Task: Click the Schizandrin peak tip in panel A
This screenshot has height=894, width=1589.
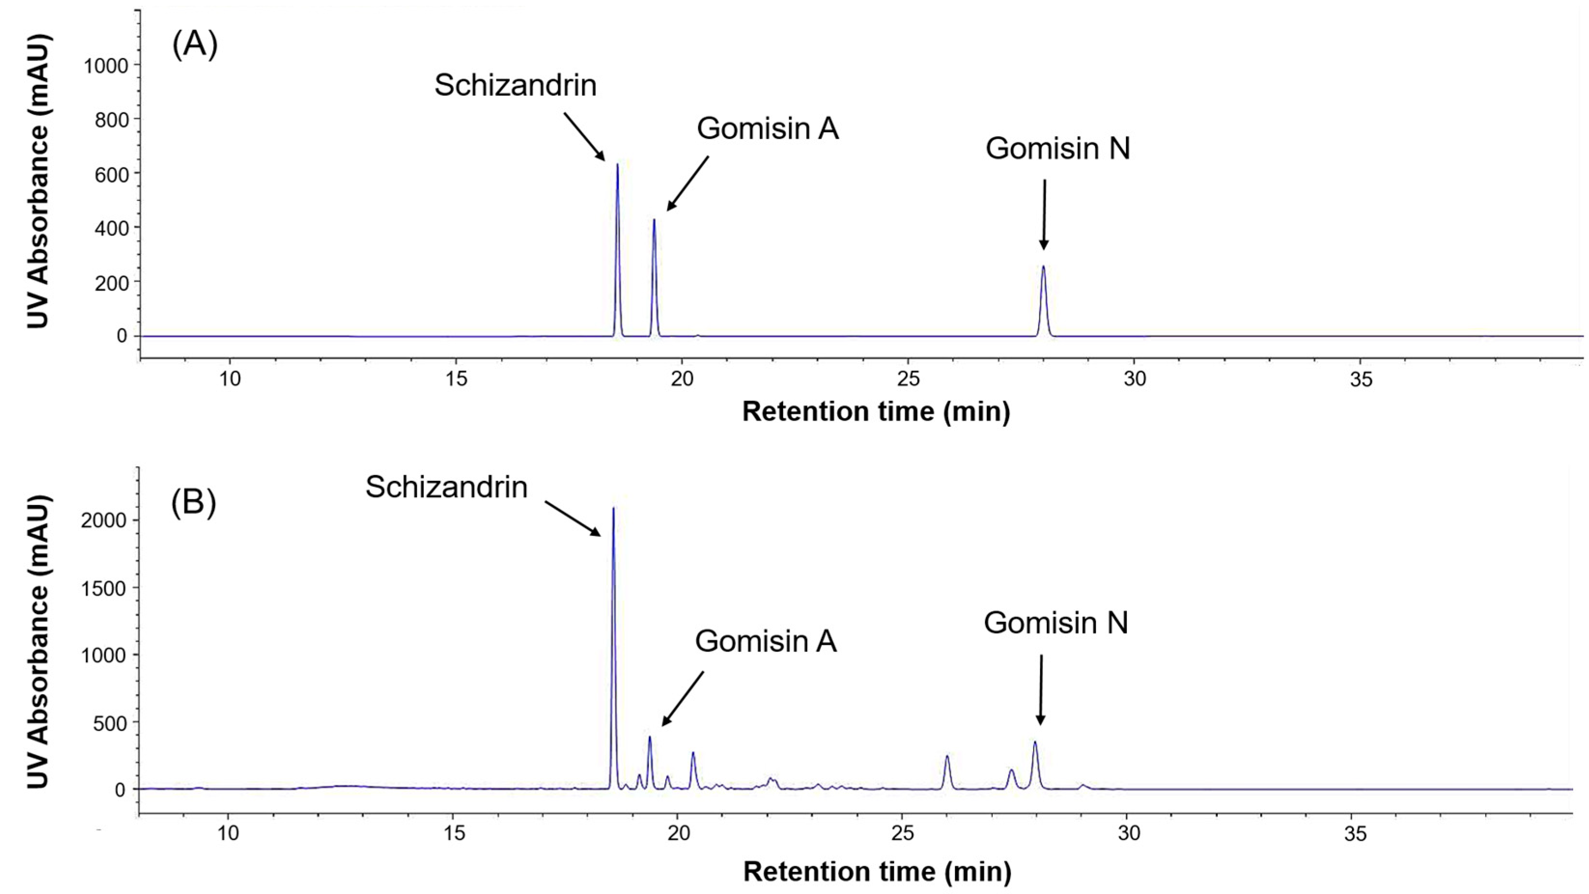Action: click(x=618, y=165)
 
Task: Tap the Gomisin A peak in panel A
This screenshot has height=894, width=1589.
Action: click(x=654, y=221)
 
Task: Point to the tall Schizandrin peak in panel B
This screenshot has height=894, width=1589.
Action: click(x=613, y=509)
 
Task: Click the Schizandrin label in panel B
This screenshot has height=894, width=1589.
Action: click(x=446, y=487)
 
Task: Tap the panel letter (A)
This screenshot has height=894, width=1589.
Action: click(x=195, y=46)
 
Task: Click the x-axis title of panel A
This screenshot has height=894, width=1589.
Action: click(x=876, y=411)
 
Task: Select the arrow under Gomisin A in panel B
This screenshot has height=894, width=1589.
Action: click(x=683, y=698)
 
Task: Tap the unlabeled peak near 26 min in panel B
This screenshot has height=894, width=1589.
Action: click(x=947, y=757)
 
